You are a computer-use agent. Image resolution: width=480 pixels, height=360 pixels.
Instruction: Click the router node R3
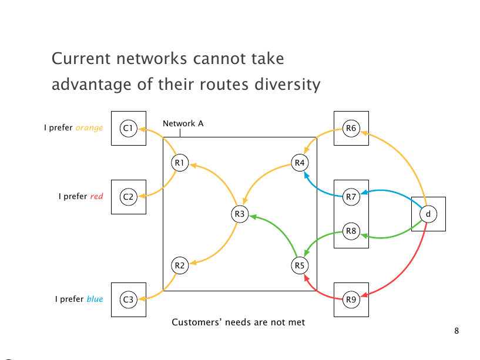[239, 214]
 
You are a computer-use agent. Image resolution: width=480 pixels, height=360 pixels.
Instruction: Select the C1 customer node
[128, 127]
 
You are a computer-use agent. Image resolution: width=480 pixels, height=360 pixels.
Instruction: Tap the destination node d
[428, 214]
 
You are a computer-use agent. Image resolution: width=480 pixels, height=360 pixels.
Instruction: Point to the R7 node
[351, 197]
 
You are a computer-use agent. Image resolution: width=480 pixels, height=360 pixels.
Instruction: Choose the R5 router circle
[300, 265]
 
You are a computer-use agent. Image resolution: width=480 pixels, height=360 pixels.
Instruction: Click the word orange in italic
[89, 127]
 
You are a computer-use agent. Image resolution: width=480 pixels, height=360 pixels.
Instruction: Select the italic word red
[96, 197]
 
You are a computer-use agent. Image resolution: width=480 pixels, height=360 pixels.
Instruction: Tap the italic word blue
[95, 300]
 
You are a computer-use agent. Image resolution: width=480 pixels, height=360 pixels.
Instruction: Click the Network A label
[183, 123]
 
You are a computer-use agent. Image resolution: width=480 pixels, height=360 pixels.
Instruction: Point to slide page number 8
[456, 331]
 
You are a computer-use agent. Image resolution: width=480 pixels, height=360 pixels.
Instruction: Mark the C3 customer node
[128, 300]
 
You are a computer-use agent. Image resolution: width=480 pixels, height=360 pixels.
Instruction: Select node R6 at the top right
[351, 128]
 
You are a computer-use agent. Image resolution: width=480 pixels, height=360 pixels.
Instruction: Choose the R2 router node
[180, 265]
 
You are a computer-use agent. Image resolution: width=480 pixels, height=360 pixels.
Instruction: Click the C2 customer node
[128, 197]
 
